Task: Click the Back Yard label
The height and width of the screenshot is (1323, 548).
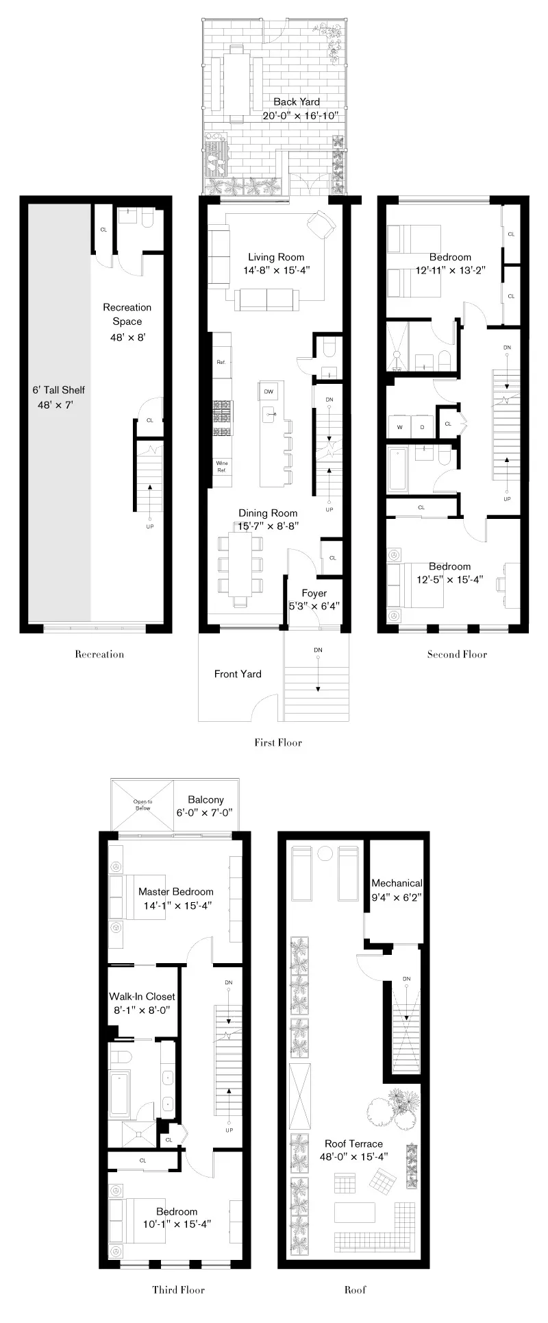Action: click(x=296, y=102)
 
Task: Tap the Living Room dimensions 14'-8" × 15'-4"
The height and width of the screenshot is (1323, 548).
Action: click(x=276, y=270)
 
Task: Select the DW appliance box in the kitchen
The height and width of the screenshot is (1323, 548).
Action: click(x=269, y=391)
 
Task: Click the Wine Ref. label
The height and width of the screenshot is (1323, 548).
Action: click(x=222, y=467)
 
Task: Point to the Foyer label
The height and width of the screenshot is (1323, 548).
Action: click(x=314, y=593)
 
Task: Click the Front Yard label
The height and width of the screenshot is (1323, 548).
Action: click(x=238, y=674)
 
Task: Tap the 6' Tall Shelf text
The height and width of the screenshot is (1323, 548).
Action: click(x=59, y=390)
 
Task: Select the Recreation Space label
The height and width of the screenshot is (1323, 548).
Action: click(x=127, y=314)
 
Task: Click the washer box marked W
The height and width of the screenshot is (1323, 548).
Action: click(x=399, y=426)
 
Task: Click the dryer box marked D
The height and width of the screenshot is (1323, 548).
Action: click(x=422, y=426)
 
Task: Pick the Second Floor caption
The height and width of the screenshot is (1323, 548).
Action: click(x=457, y=654)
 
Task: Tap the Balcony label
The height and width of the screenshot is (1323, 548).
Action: click(x=206, y=799)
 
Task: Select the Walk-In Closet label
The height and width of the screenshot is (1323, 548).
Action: click(x=142, y=997)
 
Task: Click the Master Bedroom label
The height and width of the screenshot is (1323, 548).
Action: click(x=175, y=892)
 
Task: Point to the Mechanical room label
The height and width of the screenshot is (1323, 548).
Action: click(x=397, y=883)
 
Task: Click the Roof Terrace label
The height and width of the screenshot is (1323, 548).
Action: click(x=353, y=1143)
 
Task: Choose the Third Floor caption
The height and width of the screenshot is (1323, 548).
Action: click(x=178, y=1289)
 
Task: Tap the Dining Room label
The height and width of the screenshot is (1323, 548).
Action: click(x=268, y=513)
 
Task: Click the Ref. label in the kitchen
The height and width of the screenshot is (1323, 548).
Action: click(x=221, y=361)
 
